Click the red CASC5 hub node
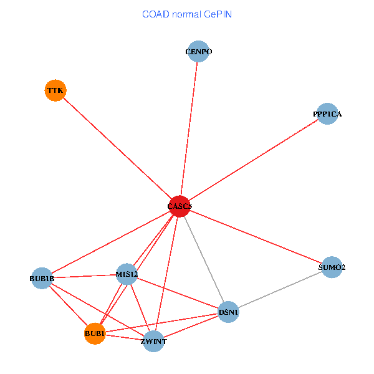point(180,206)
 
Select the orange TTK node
point(55,90)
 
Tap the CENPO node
point(198,52)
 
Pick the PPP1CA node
point(327,114)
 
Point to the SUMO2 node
point(332,267)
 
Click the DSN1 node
point(228,312)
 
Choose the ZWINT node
point(153,341)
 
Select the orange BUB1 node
point(94,334)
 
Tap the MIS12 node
point(127,274)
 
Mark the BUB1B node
point(42,278)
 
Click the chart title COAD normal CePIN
point(187,14)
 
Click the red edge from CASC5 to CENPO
point(189,128)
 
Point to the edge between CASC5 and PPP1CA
point(253,160)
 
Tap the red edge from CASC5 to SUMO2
point(256,237)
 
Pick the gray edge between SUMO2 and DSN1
point(280,290)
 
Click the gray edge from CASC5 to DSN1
point(204,259)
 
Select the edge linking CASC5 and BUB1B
point(110,242)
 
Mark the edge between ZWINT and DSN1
point(191,327)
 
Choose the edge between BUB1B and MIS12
point(84,276)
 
